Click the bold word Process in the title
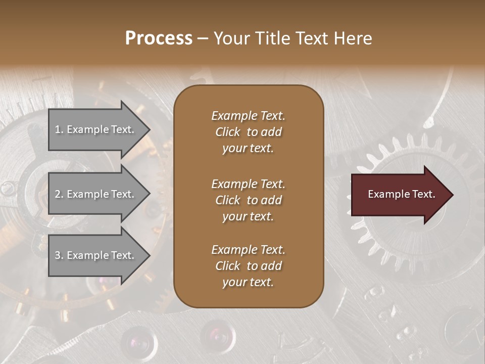(x=159, y=38)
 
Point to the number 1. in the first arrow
(x=59, y=129)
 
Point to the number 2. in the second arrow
(x=59, y=194)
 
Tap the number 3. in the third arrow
(x=59, y=255)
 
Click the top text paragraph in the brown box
(x=248, y=132)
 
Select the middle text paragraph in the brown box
(x=248, y=200)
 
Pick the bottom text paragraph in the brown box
(x=248, y=266)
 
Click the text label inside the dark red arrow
(x=401, y=194)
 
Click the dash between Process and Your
(x=203, y=39)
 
